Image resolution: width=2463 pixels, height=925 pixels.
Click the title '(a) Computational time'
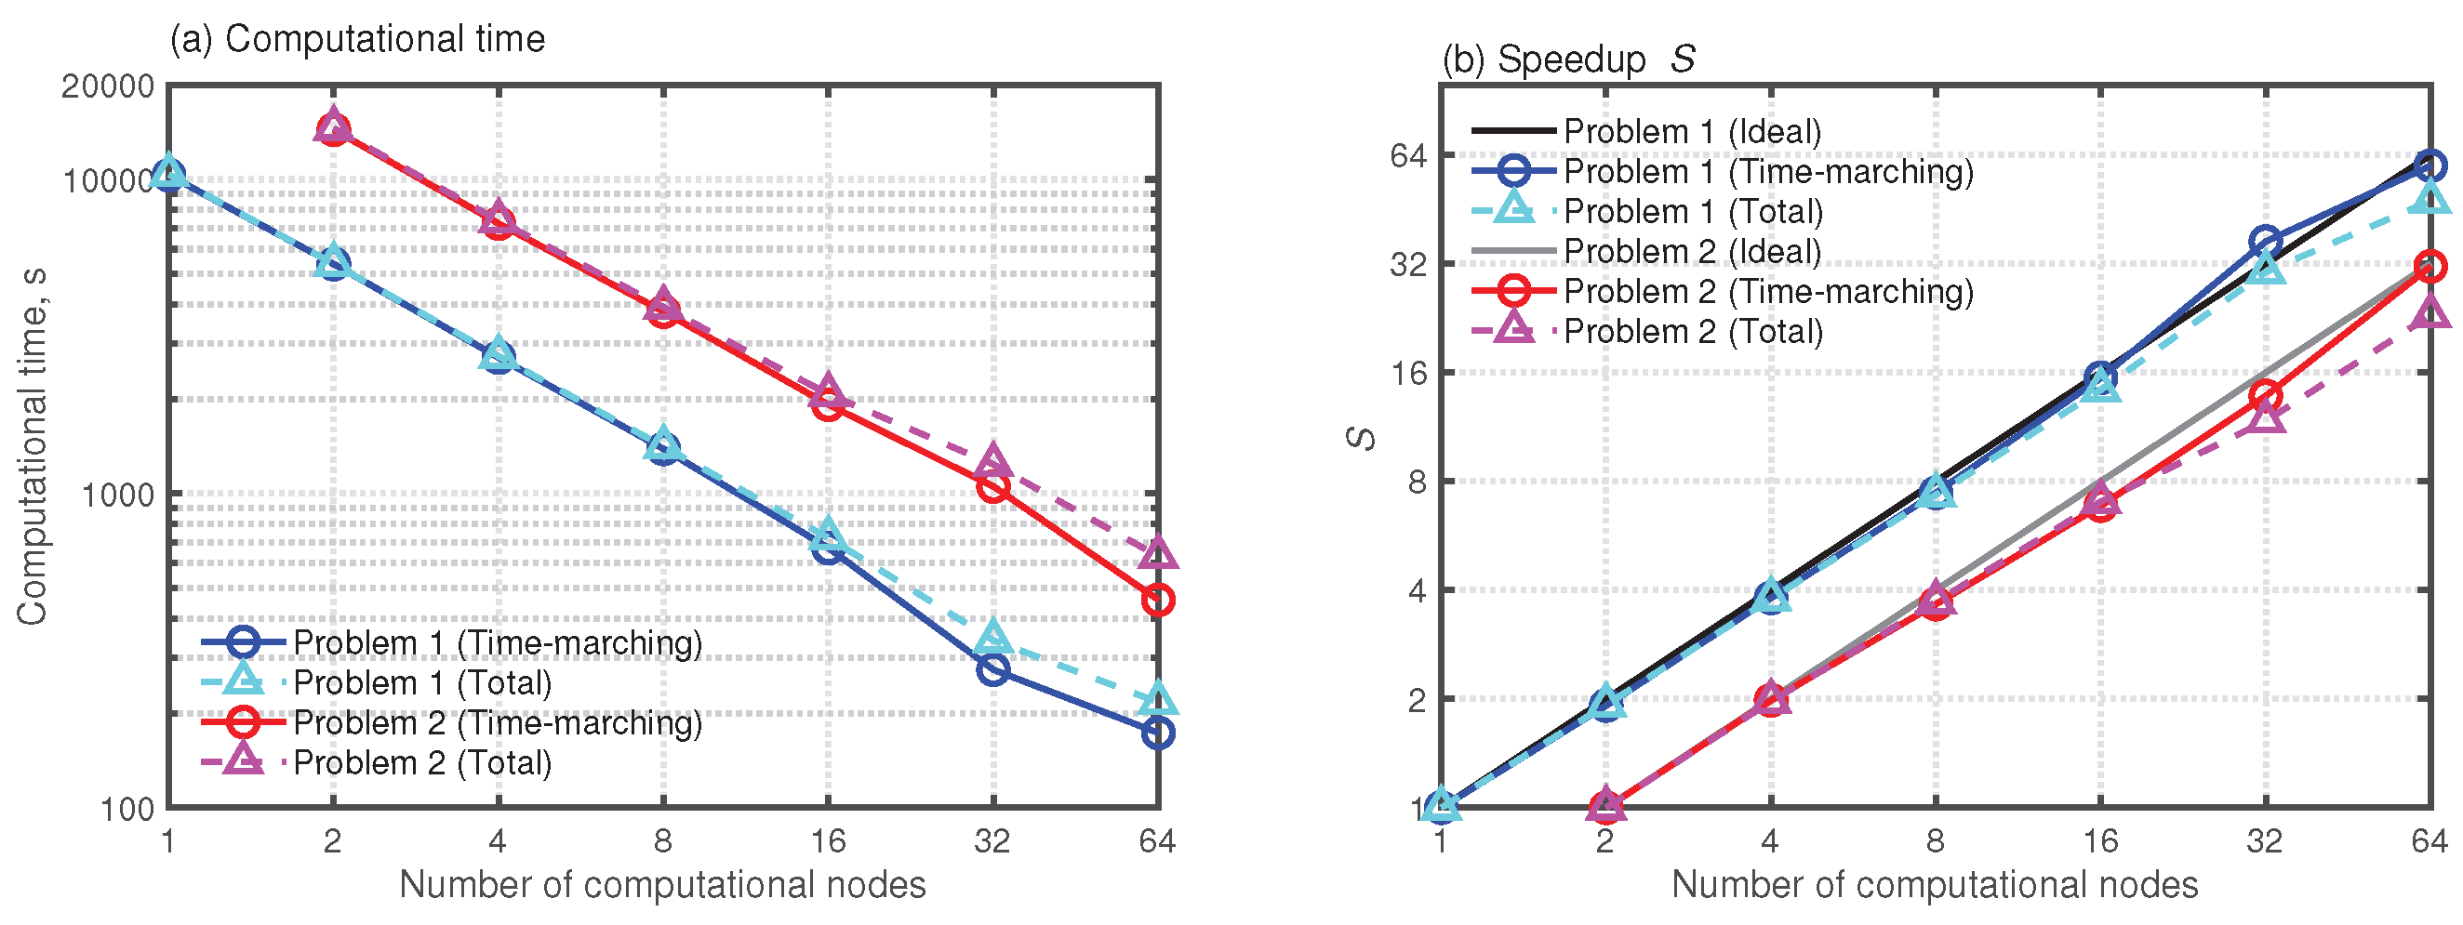[356, 39]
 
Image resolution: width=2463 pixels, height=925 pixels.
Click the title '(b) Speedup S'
[1568, 59]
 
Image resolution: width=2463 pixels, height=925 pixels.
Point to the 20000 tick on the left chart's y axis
[107, 86]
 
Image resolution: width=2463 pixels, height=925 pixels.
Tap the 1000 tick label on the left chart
[116, 495]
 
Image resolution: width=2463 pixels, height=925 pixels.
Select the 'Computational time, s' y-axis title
[32, 447]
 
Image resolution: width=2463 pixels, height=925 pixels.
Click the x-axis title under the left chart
[661, 885]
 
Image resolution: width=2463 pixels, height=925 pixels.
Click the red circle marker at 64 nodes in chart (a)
[1157, 601]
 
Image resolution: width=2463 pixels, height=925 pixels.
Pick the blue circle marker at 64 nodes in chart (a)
[1157, 733]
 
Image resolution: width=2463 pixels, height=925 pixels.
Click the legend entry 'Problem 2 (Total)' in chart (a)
[421, 762]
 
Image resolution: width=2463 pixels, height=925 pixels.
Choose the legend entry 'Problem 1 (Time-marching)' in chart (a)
[498, 643]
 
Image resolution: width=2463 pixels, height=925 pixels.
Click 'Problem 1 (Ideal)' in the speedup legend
[1691, 131]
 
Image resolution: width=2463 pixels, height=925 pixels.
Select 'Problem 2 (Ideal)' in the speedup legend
[1691, 251]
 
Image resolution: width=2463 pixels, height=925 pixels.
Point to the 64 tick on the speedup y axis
[1406, 155]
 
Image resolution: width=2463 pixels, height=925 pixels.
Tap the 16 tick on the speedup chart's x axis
[2099, 841]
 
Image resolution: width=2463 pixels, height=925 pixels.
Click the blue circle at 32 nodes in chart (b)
[2264, 242]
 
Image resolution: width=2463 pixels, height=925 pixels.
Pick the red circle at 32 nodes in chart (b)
[2264, 395]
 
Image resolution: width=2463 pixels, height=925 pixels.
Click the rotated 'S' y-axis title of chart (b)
[1362, 439]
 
